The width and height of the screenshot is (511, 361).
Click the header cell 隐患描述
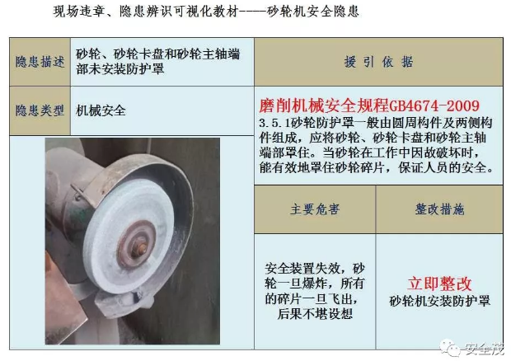point(40,62)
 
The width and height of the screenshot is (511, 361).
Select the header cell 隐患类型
point(40,110)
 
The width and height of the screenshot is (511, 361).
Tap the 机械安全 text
point(101,110)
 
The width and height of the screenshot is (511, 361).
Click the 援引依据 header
point(378,62)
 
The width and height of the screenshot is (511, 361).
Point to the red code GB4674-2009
point(434,105)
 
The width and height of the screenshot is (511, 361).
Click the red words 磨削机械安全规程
point(324,105)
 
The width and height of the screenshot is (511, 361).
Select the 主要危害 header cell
point(315,209)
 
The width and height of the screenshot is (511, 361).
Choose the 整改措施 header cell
point(439,209)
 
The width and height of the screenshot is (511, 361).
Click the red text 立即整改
point(439,284)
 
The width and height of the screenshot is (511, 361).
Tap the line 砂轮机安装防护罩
point(439,301)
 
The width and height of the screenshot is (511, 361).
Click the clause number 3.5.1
point(274,123)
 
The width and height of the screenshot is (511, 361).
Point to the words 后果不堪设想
point(315,314)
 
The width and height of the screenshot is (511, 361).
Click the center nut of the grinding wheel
point(141,248)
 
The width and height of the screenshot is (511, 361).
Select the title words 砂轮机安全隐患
point(313,12)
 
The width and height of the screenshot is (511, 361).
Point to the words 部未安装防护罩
point(120,68)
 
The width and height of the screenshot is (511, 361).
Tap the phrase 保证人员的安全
point(445,168)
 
